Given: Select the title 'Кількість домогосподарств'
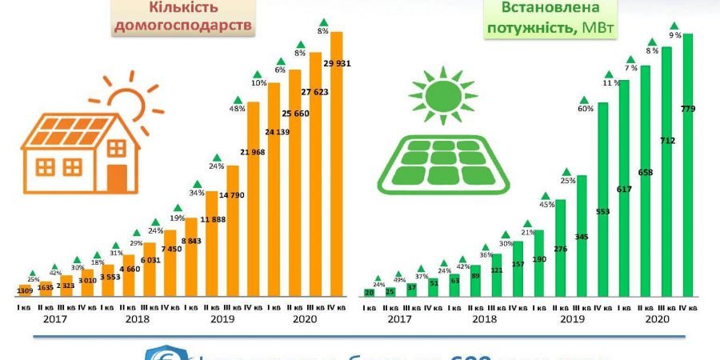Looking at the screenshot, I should [x=201, y=17].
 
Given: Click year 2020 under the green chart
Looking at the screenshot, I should [x=656, y=318].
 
